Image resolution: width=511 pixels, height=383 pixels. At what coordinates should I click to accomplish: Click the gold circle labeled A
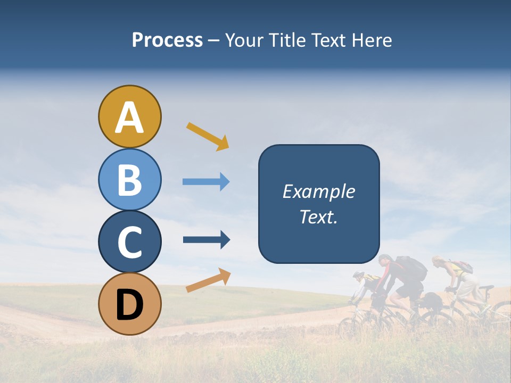129,116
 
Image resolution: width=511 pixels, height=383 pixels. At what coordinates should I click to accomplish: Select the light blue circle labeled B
129,179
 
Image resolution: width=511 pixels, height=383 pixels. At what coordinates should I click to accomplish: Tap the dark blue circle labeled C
129,242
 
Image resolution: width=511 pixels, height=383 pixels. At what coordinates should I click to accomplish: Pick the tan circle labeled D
129,304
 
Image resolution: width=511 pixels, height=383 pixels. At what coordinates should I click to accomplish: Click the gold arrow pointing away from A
208,136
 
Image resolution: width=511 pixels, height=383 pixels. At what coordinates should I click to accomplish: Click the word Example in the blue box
318,191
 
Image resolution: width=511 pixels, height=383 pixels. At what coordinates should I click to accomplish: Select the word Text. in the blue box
318,217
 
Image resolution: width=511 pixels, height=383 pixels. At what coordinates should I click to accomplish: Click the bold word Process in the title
167,40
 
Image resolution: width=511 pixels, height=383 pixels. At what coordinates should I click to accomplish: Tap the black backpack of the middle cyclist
411,268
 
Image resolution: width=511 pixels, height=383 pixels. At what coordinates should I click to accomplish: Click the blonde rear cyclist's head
438,261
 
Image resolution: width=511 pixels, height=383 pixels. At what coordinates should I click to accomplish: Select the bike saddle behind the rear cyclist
485,288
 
